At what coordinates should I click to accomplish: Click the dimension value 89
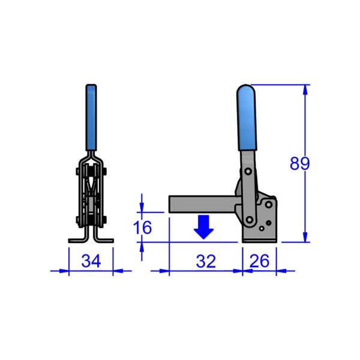point(299,163)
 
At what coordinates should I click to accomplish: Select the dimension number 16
point(143,227)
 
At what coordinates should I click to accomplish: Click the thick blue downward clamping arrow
point(205,227)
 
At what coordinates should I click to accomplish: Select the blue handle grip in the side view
point(247,118)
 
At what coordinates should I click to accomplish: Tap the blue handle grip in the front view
point(91,117)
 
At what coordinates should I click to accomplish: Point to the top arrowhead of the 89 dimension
point(307,90)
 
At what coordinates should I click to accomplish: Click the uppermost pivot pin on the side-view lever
point(247,172)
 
